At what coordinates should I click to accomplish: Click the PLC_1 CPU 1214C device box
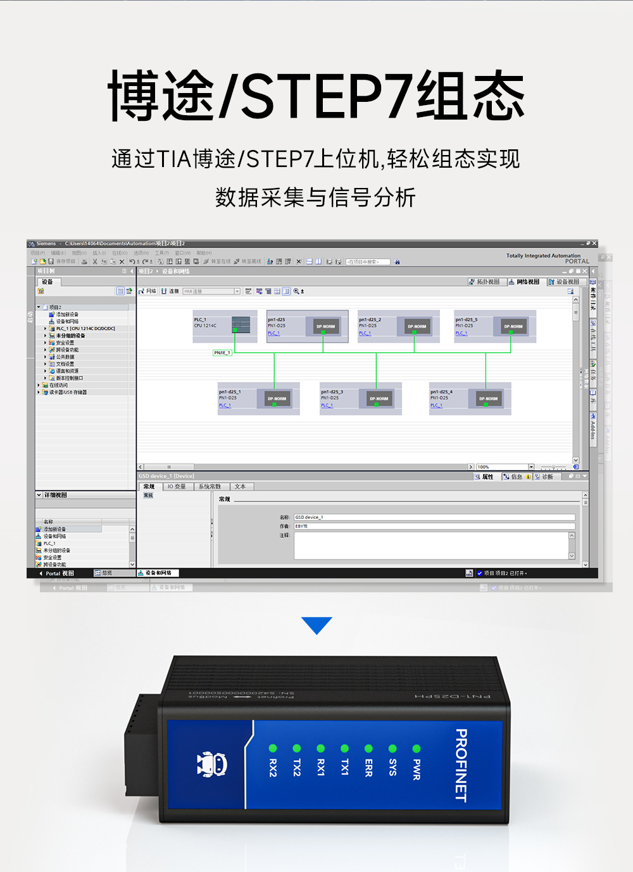coord(224,326)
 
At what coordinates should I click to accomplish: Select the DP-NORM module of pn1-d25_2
coord(417,327)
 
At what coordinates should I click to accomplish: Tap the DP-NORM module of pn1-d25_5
coord(513,327)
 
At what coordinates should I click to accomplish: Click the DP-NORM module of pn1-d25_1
coord(277,399)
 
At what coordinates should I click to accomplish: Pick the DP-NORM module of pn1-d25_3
coord(379,399)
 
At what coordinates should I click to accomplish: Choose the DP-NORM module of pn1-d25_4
coord(488,399)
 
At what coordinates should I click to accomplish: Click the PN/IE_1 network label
coord(222,352)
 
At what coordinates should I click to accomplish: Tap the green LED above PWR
coord(417,749)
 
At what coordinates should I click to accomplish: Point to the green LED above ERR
coord(368,749)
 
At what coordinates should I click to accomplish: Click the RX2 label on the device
coord(273,768)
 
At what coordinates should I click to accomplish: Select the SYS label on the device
coord(392,767)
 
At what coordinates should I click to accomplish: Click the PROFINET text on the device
coord(461,766)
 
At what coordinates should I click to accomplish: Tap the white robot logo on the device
coord(211,764)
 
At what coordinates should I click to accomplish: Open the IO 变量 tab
coord(177,487)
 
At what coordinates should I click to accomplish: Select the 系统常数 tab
coord(210,487)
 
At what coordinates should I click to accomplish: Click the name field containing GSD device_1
coord(434,517)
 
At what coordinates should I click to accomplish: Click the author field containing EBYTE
coord(434,526)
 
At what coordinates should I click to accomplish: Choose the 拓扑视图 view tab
coord(485,282)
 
